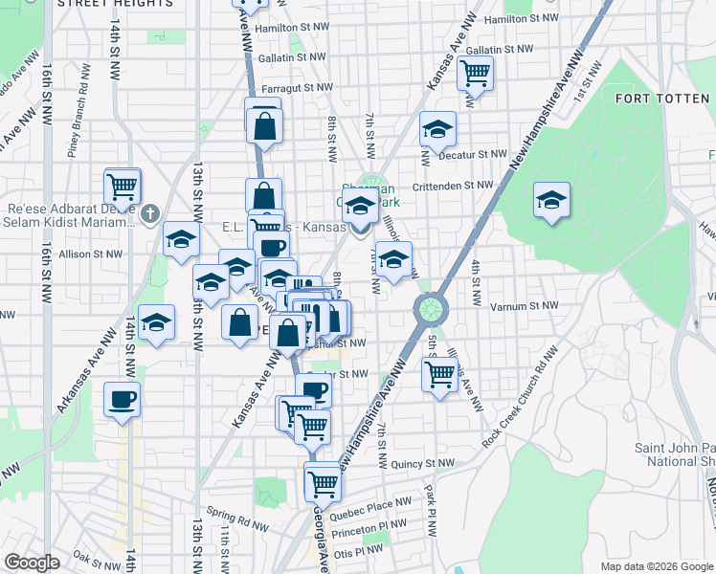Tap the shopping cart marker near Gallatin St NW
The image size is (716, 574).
475,73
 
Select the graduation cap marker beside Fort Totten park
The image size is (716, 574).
551,201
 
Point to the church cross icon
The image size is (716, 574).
149,215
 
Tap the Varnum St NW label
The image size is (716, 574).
517,306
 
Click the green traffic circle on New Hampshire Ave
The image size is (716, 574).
431,309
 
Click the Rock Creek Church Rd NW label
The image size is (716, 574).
522,396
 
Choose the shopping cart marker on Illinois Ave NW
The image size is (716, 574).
439,374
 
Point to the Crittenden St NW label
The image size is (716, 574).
453,186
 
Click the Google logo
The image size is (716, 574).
33,563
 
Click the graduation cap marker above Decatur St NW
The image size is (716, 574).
437,130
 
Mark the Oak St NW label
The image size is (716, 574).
94,555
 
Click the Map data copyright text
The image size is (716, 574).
656,566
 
